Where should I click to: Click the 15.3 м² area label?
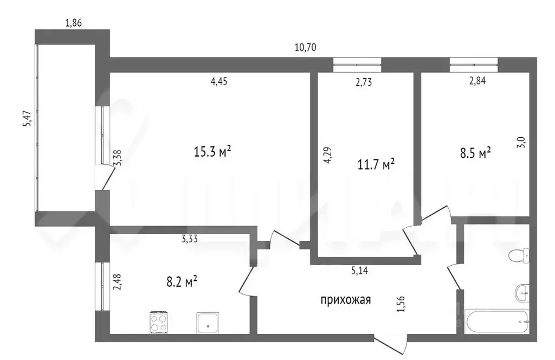click(212, 152)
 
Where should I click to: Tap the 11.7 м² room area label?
click(376, 163)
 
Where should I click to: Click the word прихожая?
click(346, 300)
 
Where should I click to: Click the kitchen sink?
click(208, 323)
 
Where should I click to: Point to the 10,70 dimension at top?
click(305, 48)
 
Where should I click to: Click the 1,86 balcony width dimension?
click(74, 23)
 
